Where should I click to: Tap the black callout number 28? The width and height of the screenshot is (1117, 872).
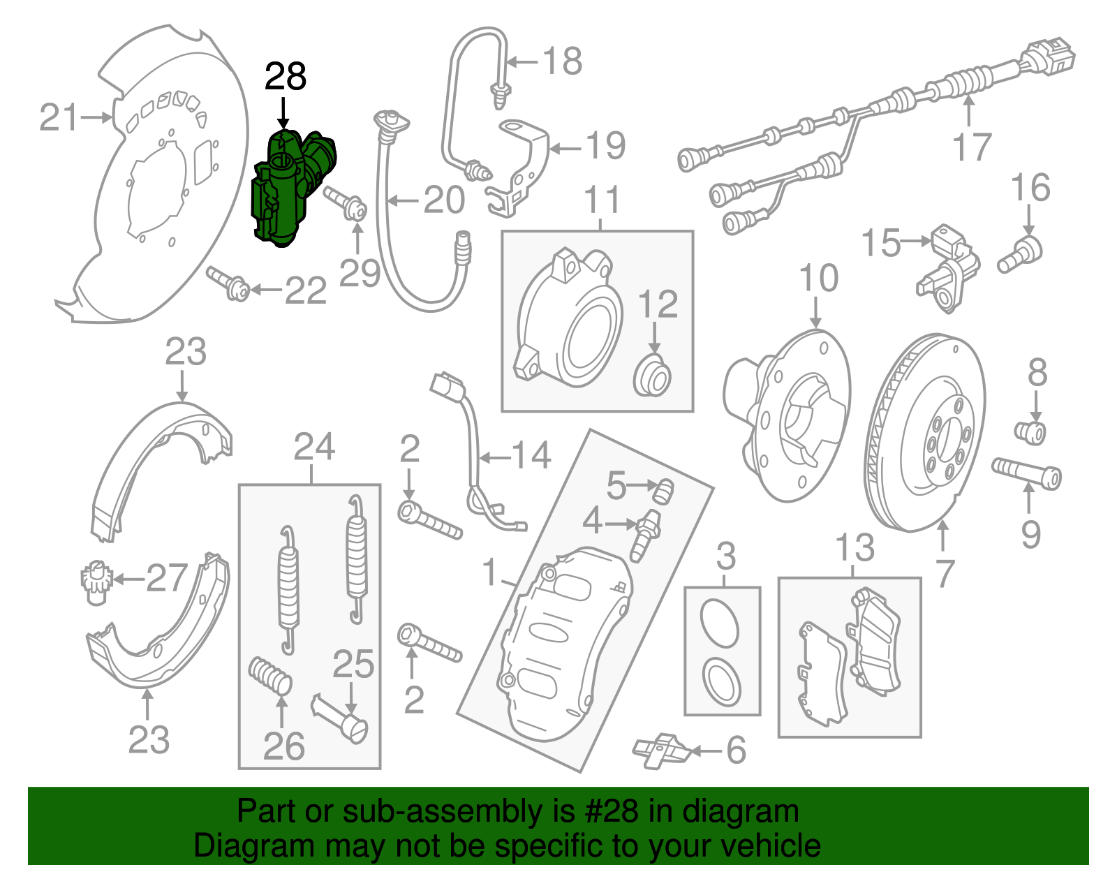[x=286, y=77]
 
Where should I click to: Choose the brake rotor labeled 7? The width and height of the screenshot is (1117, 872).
[x=925, y=433]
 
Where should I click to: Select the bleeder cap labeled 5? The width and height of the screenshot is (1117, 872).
[x=664, y=491]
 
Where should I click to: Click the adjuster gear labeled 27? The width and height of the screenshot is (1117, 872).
[x=94, y=581]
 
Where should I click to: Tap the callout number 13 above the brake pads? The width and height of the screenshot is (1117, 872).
[x=855, y=548]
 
